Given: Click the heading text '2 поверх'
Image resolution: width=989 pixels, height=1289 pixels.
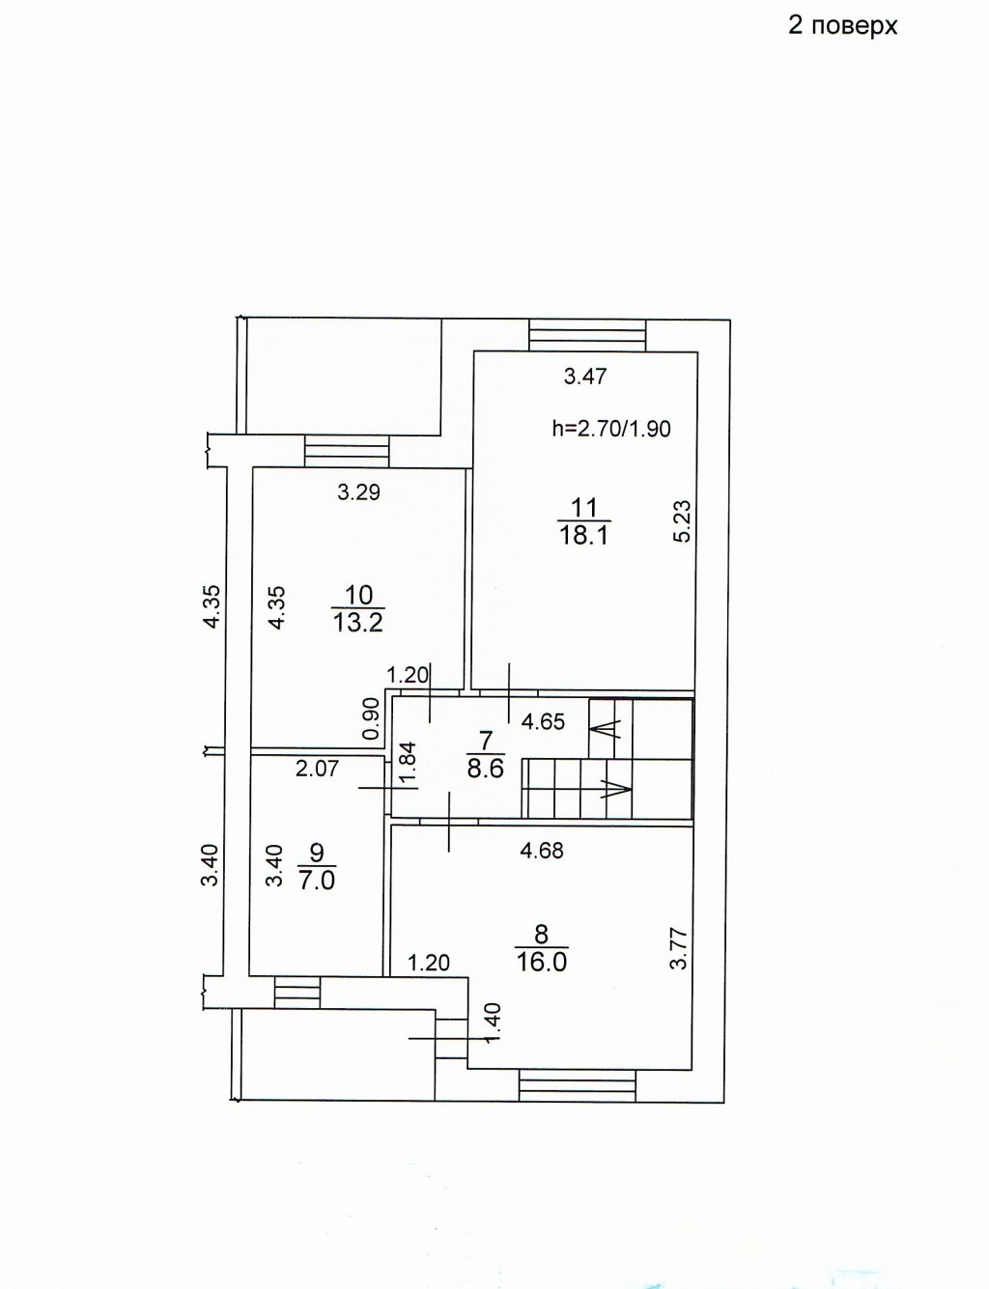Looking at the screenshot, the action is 842,27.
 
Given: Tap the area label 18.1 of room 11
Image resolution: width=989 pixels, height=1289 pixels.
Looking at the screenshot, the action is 584,536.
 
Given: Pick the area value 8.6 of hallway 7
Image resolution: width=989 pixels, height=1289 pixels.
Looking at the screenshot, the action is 485,770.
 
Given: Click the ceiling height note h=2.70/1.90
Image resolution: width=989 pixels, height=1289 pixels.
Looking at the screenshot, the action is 611,429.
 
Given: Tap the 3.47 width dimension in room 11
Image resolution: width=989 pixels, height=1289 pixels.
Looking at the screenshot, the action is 585,377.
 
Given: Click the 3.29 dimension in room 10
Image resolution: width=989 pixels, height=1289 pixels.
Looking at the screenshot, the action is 358,491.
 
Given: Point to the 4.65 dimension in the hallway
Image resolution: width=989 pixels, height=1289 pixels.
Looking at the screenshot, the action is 543,722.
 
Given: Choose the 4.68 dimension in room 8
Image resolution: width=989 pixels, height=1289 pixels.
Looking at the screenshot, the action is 541,852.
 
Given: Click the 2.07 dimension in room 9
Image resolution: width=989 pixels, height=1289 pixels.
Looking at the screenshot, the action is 317,770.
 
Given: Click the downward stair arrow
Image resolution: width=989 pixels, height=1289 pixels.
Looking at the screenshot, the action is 616,790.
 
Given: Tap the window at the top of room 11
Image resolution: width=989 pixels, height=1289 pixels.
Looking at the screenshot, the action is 587,336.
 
